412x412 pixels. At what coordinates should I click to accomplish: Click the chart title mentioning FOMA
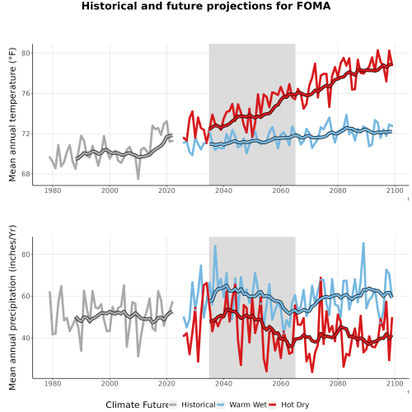[x=206, y=6]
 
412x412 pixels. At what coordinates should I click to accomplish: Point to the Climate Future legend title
[x=137, y=405]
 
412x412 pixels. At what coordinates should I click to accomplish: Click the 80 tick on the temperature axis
[x=26, y=53]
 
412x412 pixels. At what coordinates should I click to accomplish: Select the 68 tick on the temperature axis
[x=26, y=174]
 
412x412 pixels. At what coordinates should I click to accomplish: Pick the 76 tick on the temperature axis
[x=26, y=93]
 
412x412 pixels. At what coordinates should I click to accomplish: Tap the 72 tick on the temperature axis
[x=26, y=133]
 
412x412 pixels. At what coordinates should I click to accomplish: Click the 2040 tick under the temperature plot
[x=223, y=190]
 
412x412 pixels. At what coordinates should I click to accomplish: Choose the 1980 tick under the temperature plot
[x=53, y=190]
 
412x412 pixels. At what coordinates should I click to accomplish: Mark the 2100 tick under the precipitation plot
[x=395, y=383]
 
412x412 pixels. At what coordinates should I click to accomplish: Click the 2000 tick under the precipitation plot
[x=110, y=383]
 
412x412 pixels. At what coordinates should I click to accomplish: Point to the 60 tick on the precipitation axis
[x=26, y=296]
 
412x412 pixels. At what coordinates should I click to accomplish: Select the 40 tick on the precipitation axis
[x=26, y=338]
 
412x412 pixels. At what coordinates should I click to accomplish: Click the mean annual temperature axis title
[x=12, y=115]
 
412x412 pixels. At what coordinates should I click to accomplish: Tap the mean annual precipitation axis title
[x=12, y=307]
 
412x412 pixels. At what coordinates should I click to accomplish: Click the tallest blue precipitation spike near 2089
[x=363, y=243]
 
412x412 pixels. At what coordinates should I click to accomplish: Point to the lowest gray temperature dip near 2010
[x=138, y=179]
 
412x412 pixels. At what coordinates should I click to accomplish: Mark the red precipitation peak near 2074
[x=321, y=278]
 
